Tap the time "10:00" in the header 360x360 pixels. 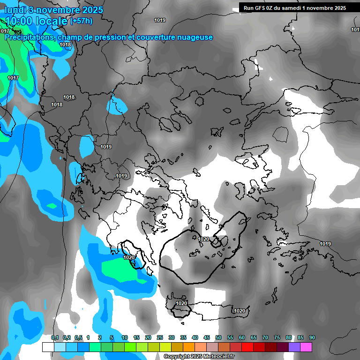tap(18, 21)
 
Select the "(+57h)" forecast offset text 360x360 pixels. tap(81, 21)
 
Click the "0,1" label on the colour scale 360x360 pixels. tap(54, 337)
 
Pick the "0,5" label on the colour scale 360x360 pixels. tap(78, 337)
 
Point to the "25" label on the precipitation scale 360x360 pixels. tap(160, 337)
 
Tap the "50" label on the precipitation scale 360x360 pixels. tap(218, 337)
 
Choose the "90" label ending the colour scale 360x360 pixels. tap(312, 337)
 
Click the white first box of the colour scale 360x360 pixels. tap(48, 347)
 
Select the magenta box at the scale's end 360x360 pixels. tap(306, 347)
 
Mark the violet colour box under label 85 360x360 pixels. tap(294, 347)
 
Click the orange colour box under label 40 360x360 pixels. tap(189, 347)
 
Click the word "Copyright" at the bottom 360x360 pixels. tap(176, 357)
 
